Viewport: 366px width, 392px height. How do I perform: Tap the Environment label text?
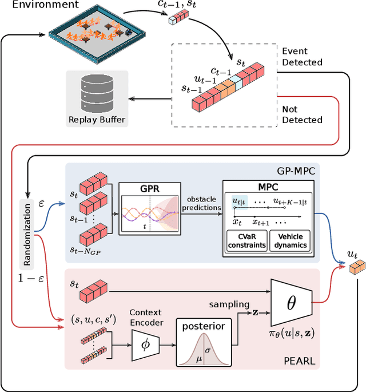click(x=38, y=5)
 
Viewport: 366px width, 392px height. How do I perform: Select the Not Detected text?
click(x=303, y=114)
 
